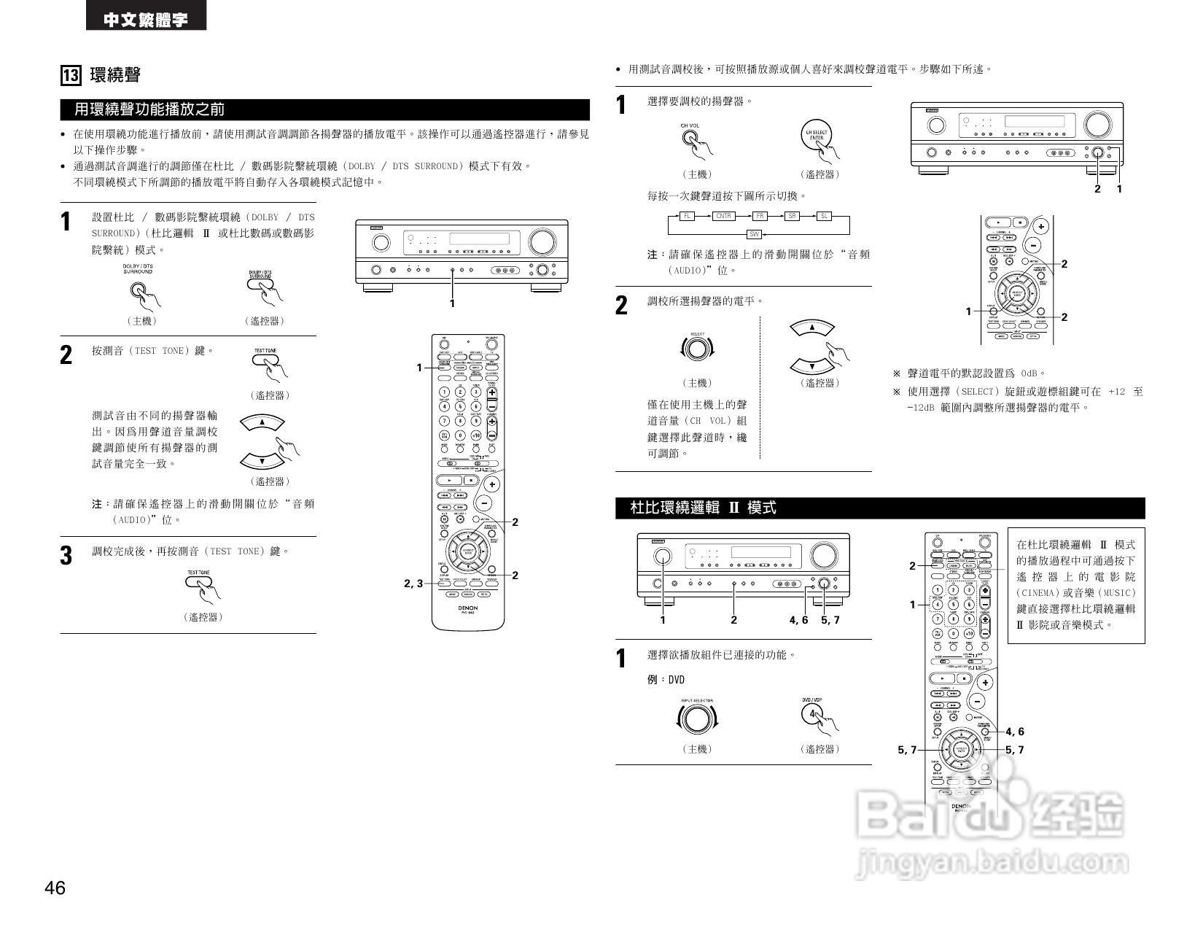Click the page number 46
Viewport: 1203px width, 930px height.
pyautogui.click(x=55, y=888)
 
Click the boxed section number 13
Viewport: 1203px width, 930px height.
pyautogui.click(x=71, y=75)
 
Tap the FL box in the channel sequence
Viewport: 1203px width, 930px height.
pyautogui.click(x=687, y=216)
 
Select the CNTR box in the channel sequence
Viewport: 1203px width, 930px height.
pyautogui.click(x=723, y=216)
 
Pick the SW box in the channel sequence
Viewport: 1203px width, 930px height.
pyautogui.click(x=755, y=234)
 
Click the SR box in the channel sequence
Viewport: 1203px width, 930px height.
pyautogui.click(x=793, y=216)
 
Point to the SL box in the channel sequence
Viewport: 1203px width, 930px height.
pyautogui.click(x=824, y=216)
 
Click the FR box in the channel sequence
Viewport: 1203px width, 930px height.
pyautogui.click(x=760, y=216)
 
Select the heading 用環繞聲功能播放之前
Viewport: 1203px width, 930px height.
pyautogui.click(x=149, y=109)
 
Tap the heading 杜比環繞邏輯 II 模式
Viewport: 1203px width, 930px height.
pyautogui.click(x=703, y=508)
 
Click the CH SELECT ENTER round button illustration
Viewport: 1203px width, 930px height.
pyautogui.click(x=816, y=136)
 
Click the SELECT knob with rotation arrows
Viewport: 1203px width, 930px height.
pyautogui.click(x=697, y=349)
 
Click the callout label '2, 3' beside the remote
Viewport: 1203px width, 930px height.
pyautogui.click(x=413, y=584)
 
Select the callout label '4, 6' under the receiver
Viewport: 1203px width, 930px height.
pyautogui.click(x=798, y=620)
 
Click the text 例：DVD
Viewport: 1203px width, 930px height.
pyautogui.click(x=666, y=680)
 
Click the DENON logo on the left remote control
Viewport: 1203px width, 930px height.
pyautogui.click(x=467, y=607)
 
